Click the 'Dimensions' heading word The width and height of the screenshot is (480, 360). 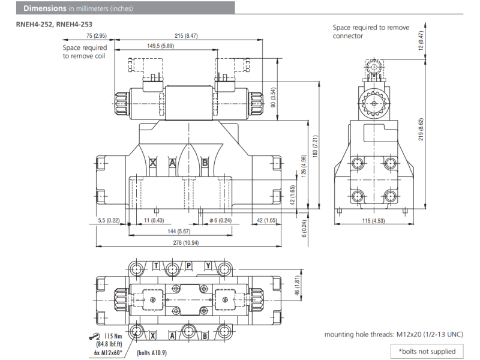44,8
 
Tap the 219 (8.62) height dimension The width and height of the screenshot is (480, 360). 421,128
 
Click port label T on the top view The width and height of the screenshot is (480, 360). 157,265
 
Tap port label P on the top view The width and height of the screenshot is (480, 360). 188,265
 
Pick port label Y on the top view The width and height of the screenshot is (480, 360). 208,265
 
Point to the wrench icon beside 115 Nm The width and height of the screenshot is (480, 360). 94,335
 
